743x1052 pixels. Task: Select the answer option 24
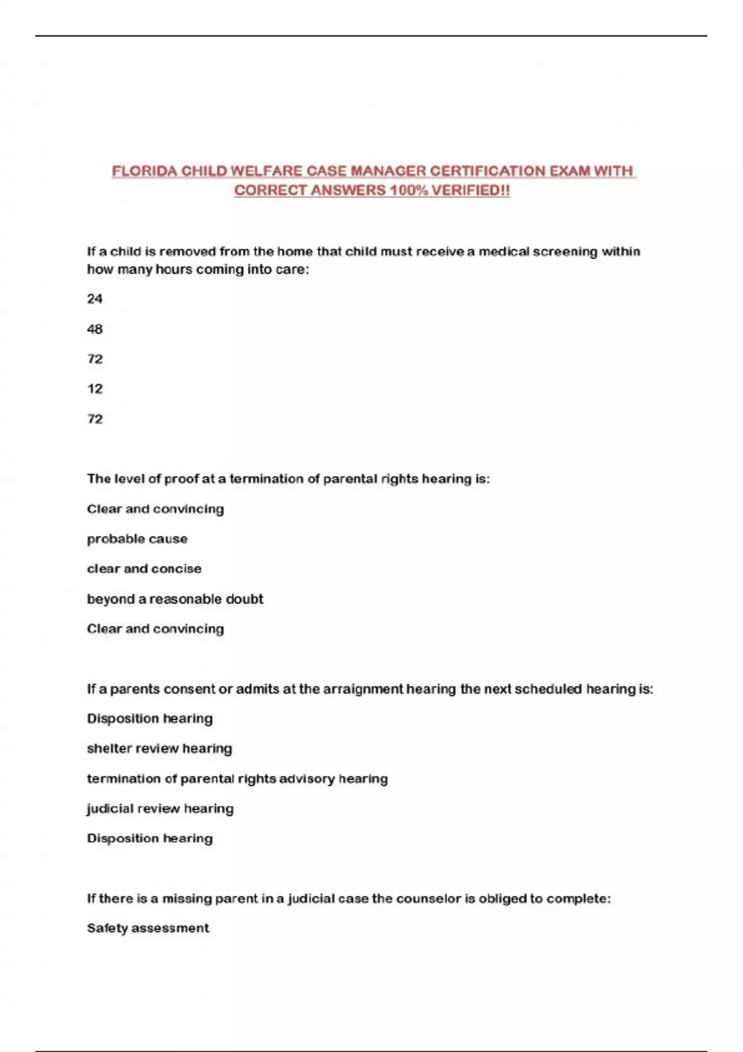tap(95, 299)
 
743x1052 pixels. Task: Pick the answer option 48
tap(95, 329)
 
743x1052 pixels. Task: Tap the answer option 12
tap(95, 389)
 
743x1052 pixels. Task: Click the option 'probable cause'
tap(137, 539)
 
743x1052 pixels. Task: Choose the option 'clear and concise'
tap(144, 569)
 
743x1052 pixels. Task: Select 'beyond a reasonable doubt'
tap(175, 599)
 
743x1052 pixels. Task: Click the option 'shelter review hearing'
tap(160, 749)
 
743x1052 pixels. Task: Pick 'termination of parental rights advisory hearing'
tap(237, 778)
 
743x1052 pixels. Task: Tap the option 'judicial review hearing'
tap(160, 809)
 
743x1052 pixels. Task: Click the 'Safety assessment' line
tap(148, 928)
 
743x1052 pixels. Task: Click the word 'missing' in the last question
tap(186, 899)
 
